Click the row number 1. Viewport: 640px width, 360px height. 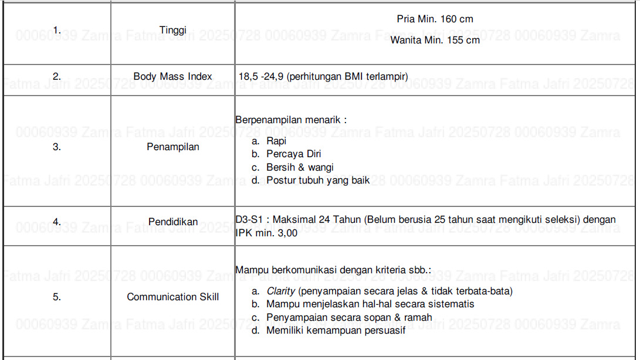[x=56, y=29]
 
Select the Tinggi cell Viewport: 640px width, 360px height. [x=172, y=30]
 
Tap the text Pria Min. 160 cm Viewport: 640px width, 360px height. [x=435, y=19]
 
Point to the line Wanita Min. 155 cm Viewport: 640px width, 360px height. [x=435, y=40]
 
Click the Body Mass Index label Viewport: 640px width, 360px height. [x=172, y=76]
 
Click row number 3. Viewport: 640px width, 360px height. [x=56, y=147]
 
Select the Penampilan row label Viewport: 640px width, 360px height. [x=172, y=147]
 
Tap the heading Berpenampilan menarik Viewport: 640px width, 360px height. [x=290, y=120]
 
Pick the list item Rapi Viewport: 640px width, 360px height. [x=276, y=141]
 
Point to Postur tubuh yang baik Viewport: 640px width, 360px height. [x=318, y=181]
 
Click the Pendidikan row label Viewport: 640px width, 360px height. [x=172, y=222]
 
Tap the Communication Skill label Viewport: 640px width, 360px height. [x=172, y=297]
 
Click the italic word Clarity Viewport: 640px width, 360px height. [x=281, y=291]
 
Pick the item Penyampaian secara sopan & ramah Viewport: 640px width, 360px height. [x=349, y=317]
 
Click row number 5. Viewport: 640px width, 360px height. [x=56, y=297]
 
